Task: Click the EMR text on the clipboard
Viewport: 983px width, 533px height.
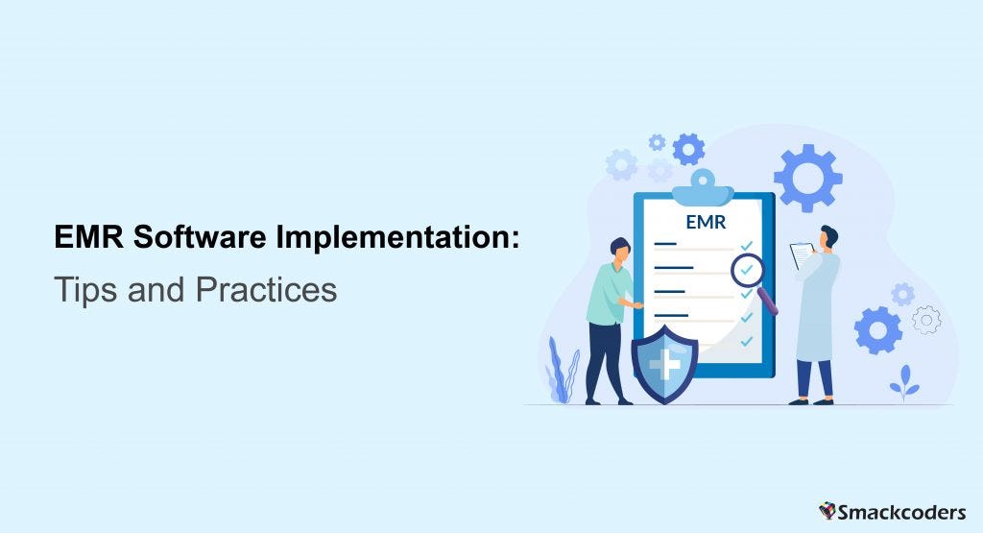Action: [706, 223]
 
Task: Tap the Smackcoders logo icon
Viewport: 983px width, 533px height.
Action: [828, 510]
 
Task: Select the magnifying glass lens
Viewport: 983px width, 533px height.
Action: [747, 271]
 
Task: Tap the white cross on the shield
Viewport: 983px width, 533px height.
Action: [664, 364]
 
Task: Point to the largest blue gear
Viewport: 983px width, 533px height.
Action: [807, 178]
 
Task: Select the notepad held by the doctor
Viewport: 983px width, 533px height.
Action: [801, 255]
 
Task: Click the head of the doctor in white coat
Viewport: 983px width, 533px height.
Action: [827, 236]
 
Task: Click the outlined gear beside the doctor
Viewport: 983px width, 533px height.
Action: [926, 320]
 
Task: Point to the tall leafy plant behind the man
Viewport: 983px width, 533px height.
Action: [563, 369]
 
